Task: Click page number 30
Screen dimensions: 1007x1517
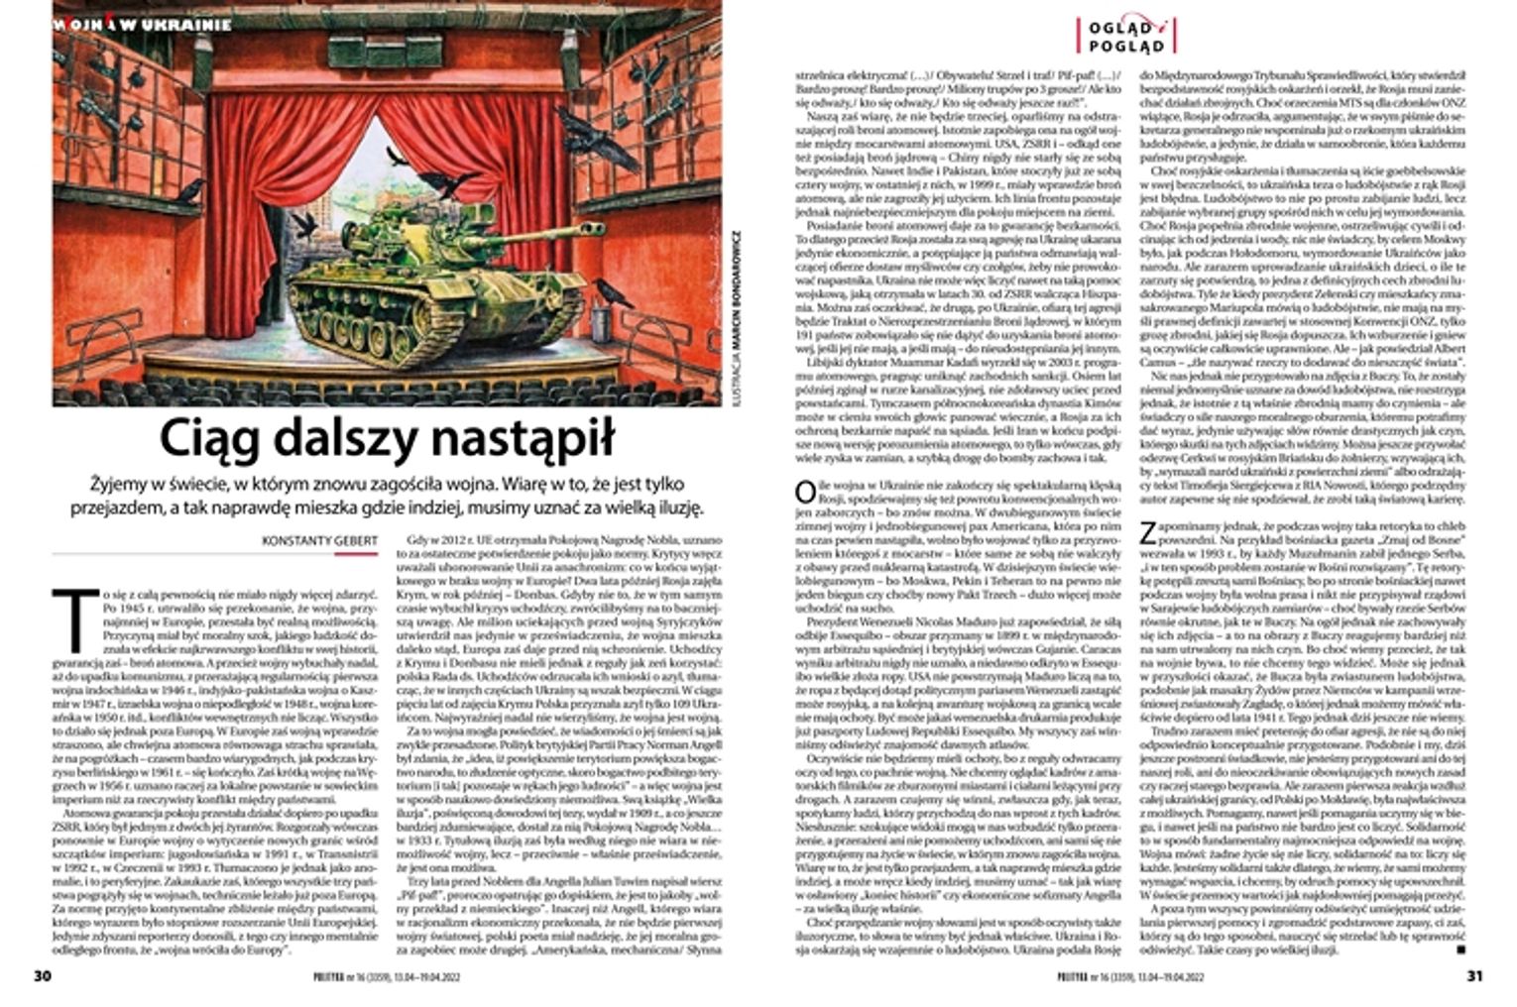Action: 42,975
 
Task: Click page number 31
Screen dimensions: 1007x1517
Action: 1473,975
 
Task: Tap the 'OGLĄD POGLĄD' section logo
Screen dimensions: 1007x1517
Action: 1126,35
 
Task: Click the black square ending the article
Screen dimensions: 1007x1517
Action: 1461,949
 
